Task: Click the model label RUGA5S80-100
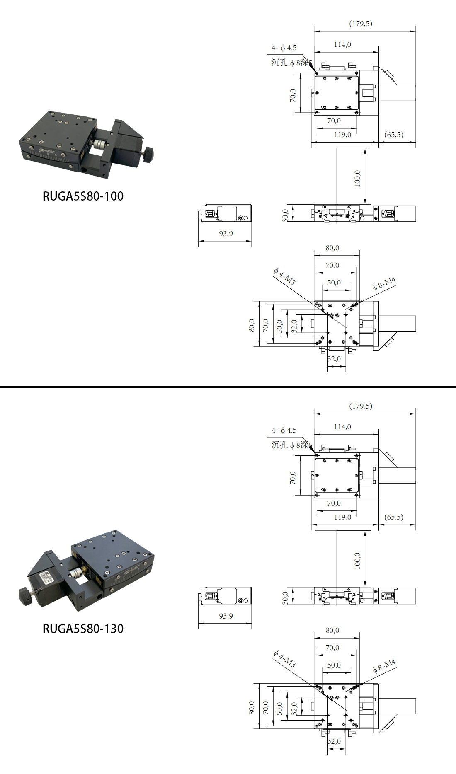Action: [83, 196]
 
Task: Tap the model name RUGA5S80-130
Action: [83, 629]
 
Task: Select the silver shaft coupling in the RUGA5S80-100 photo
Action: [99, 144]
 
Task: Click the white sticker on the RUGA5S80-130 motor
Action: [45, 578]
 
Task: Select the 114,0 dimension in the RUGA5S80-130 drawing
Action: [342, 427]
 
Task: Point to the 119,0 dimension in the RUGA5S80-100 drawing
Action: [342, 135]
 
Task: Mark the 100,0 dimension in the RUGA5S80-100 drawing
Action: [357, 178]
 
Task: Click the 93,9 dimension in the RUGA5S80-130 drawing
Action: [226, 616]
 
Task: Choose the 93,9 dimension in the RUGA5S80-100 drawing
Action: [226, 234]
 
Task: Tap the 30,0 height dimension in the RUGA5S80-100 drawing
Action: [285, 215]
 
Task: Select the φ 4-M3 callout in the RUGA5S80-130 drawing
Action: [285, 658]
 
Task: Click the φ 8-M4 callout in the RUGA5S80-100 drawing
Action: [384, 283]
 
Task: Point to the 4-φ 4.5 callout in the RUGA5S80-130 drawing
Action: [284, 431]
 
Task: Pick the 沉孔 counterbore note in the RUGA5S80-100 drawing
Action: [291, 63]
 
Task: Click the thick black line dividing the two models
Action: [228, 387]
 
